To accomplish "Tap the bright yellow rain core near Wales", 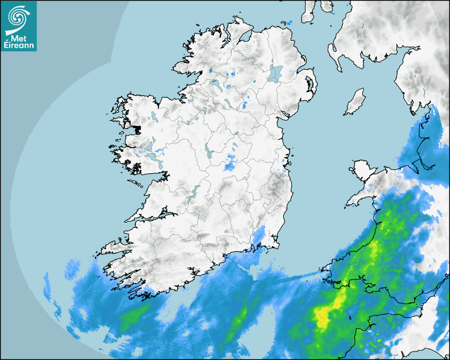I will (x=322, y=317).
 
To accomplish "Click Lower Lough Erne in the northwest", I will (x=215, y=84).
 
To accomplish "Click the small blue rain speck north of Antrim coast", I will (x=290, y=22).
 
